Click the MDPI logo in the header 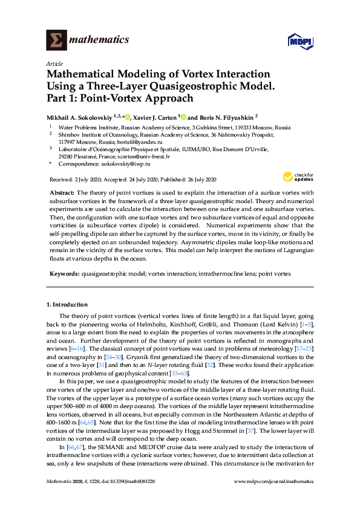(298, 41)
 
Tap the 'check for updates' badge (296, 177)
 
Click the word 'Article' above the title (54, 63)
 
